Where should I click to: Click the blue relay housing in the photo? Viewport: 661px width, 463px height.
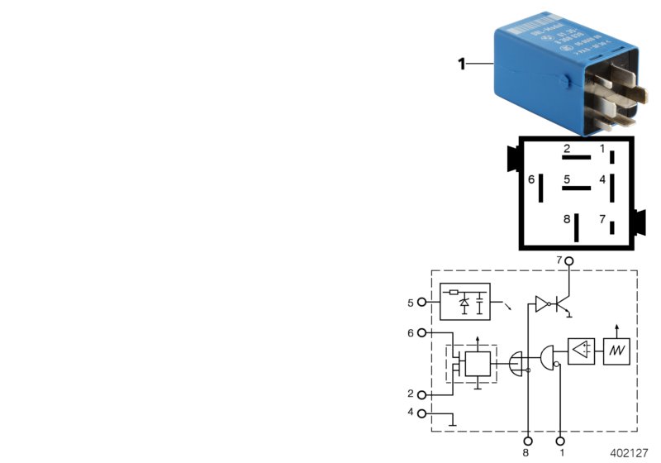537,74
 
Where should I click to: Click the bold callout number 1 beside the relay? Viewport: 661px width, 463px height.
463,63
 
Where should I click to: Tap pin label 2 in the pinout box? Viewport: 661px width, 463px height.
567,150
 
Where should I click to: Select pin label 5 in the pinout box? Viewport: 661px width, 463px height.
567,179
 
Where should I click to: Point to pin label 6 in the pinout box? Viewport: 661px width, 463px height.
531,179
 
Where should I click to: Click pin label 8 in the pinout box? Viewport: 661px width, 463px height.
567,219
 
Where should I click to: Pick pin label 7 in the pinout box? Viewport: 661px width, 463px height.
602,219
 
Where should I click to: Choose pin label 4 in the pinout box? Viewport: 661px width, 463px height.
602,179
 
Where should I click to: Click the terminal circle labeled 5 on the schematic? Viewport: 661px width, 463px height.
423,303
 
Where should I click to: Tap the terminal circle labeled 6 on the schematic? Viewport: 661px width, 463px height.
423,333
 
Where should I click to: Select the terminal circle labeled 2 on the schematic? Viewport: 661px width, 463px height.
423,394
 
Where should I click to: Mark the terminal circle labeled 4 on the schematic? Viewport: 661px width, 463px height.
423,413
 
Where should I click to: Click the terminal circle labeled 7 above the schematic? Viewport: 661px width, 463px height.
568,260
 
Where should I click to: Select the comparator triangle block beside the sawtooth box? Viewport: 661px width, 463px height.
581,351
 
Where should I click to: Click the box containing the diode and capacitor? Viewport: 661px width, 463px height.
464,302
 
